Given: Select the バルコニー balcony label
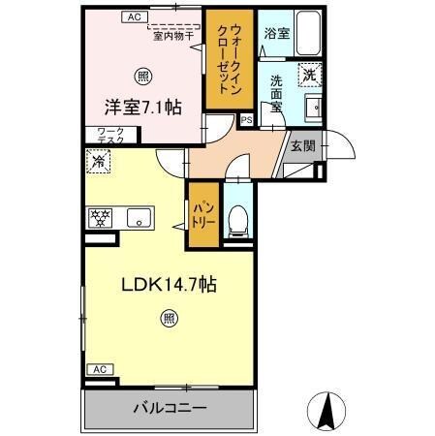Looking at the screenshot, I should point(170,409).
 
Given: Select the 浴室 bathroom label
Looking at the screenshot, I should point(277,33).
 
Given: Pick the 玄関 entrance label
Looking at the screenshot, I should point(302,146).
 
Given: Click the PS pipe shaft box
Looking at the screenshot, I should point(247,121).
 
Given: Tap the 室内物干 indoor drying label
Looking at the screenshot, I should point(173,38).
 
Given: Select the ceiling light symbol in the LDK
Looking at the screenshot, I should point(169,317).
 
